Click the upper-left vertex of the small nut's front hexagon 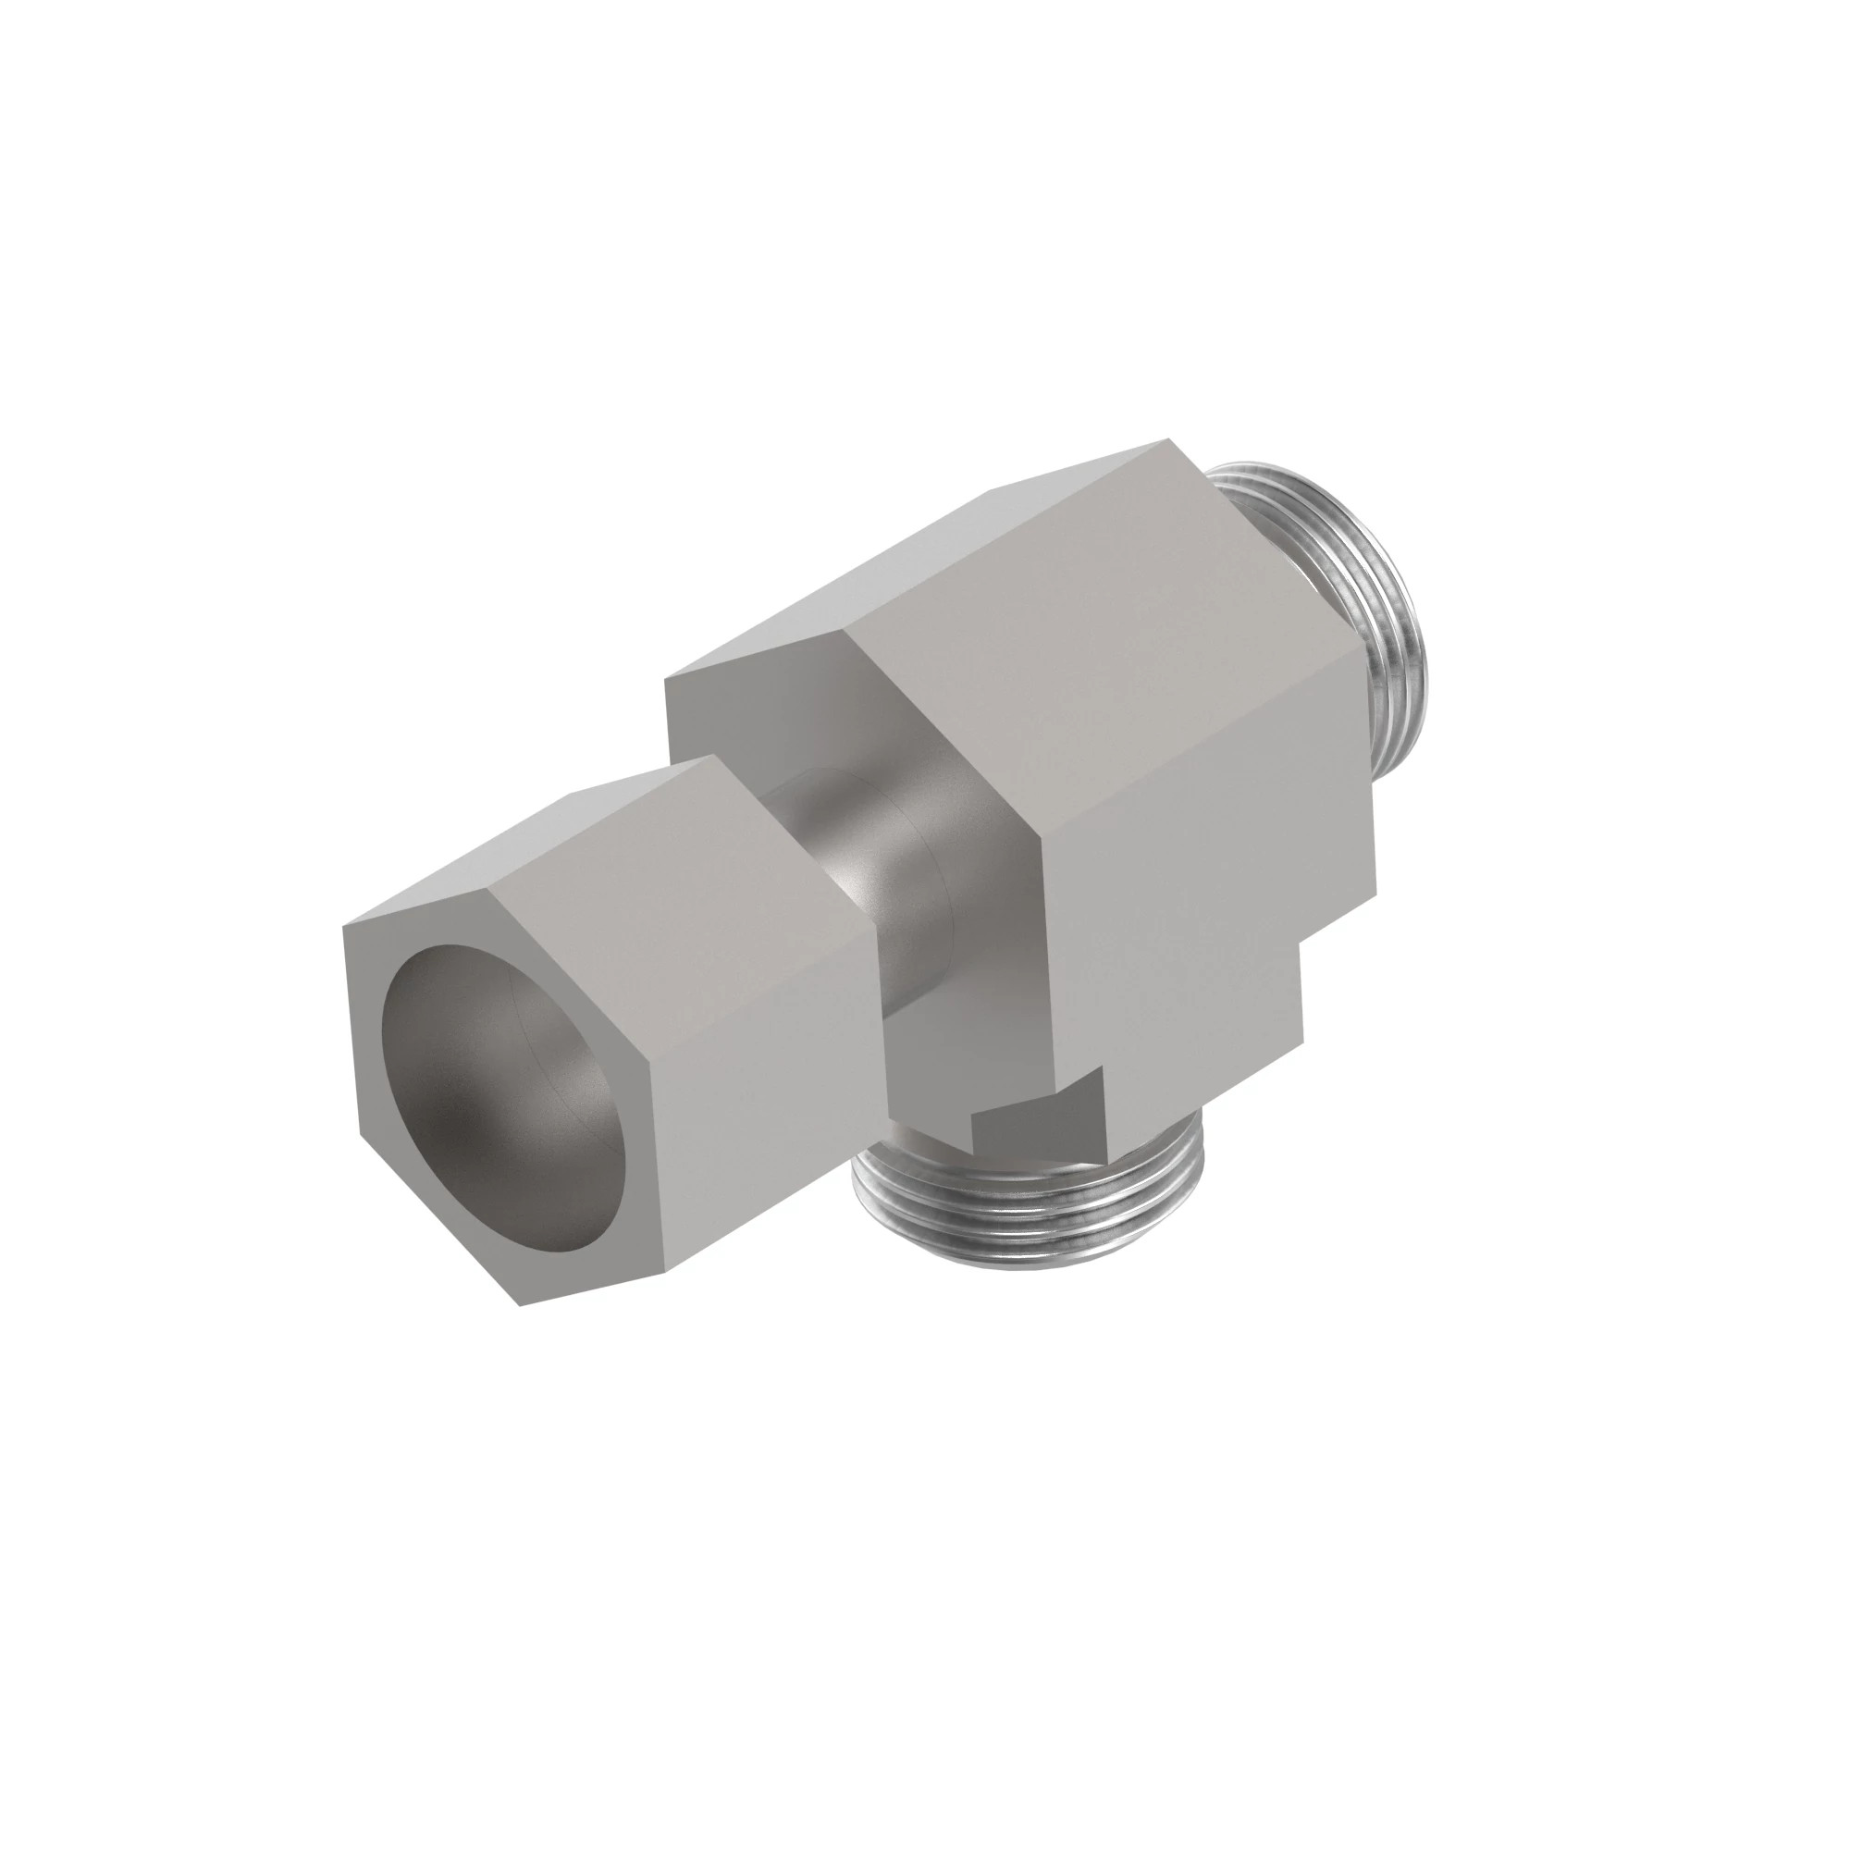tap(344, 925)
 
